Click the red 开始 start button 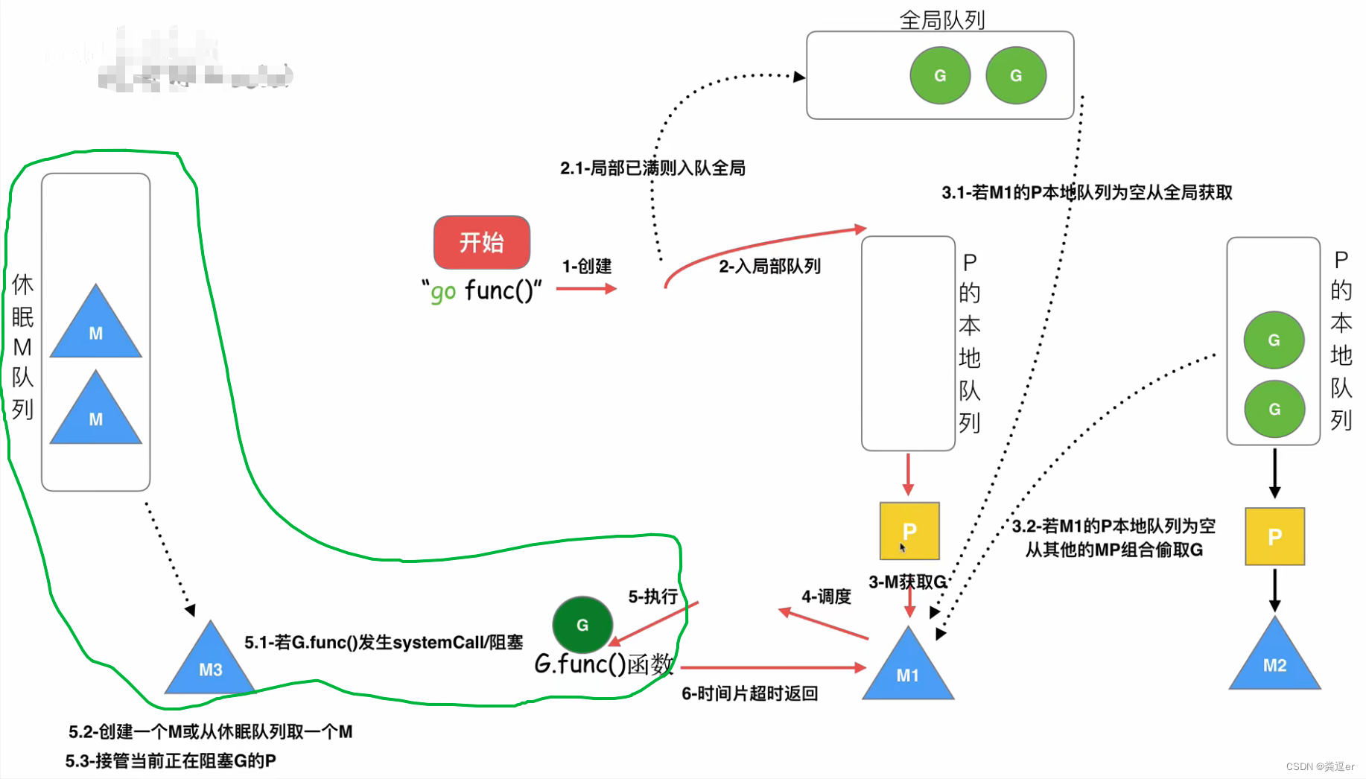pos(482,242)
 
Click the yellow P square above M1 pos(909,531)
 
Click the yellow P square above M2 pos(1274,536)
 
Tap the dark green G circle pos(582,625)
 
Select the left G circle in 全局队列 pos(940,75)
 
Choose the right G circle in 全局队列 pos(1016,75)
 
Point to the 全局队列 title pos(942,19)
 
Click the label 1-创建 pos(587,266)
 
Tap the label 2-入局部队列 pos(769,266)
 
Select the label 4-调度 pos(826,597)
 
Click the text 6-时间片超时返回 pos(750,693)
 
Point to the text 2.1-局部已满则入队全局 pos(652,168)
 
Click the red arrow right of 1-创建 pos(586,288)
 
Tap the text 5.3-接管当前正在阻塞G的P pos(171,760)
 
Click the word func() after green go pos(499,290)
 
